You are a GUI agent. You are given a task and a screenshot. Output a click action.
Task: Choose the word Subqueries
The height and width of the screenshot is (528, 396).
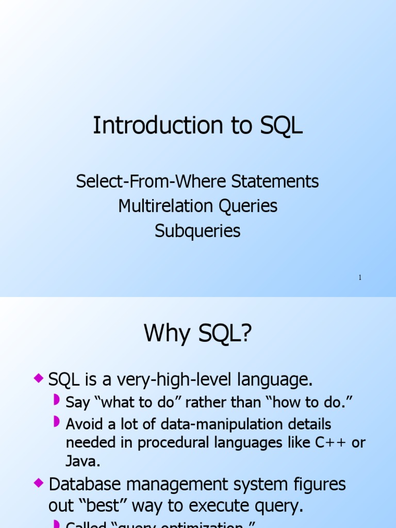(198, 231)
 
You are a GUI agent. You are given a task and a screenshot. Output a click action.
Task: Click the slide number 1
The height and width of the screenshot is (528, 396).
(360, 278)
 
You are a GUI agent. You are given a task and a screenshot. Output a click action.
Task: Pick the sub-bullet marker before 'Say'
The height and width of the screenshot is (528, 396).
(57, 400)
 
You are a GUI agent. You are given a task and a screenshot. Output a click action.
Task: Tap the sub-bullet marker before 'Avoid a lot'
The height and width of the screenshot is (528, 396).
(57, 422)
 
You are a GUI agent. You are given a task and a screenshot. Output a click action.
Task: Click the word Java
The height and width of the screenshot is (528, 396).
(82, 461)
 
